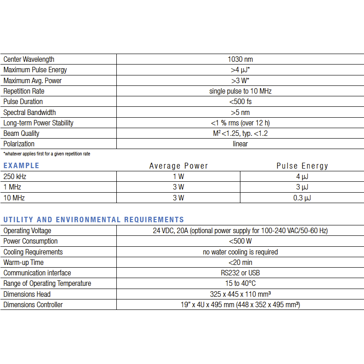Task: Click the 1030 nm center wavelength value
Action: click(240, 60)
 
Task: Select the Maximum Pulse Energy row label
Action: click(35, 70)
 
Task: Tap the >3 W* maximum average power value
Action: click(240, 81)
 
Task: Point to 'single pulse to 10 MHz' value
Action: click(240, 91)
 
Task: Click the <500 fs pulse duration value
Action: click(240, 102)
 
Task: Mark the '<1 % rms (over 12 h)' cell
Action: click(240, 123)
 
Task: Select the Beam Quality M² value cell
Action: click(240, 134)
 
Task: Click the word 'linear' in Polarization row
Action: click(240, 144)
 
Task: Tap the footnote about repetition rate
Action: click(46, 154)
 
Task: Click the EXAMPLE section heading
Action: click(21, 165)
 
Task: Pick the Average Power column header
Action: click(179, 166)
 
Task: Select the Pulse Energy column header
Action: click(302, 166)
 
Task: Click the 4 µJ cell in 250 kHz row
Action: click(302, 176)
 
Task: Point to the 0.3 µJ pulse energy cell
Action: click(302, 198)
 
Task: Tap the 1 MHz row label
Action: click(12, 187)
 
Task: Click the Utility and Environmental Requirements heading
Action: click(94, 220)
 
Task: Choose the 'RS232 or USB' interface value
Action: click(240, 273)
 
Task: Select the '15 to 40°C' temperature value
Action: click(240, 284)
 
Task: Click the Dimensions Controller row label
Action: click(33, 305)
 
